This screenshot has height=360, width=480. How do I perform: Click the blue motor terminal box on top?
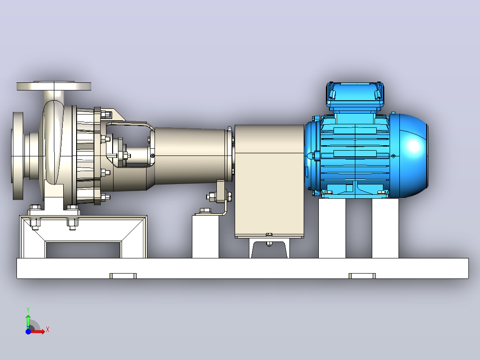tap(355, 97)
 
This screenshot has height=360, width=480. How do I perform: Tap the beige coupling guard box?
tap(269, 181)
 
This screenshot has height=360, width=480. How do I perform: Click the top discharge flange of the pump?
tap(54, 86)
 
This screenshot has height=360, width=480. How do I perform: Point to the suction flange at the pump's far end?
tap(17, 155)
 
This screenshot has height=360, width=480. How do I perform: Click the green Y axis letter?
tap(28, 310)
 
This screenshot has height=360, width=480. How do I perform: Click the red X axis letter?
tap(48, 330)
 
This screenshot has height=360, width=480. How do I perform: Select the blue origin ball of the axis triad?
tap(28, 331)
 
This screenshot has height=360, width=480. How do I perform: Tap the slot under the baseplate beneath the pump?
tap(123, 276)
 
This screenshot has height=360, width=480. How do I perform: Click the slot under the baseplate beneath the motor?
tap(362, 276)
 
